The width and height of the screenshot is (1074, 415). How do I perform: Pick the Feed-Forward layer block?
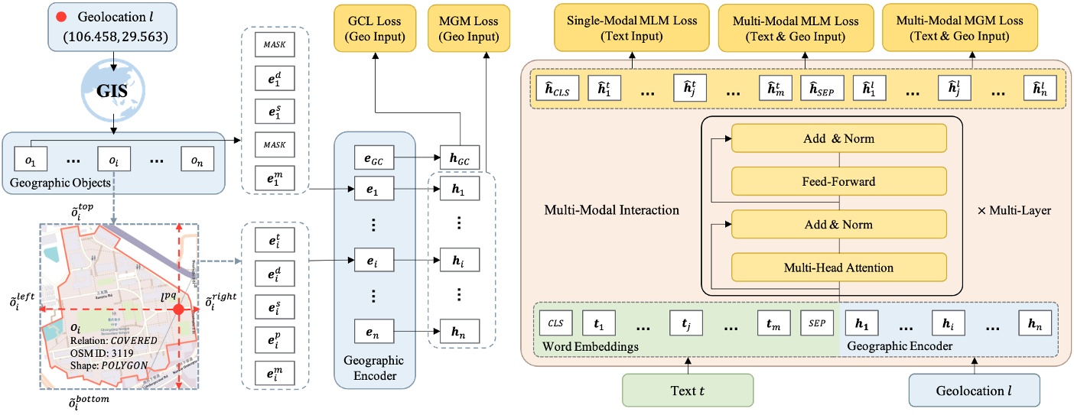pos(839,182)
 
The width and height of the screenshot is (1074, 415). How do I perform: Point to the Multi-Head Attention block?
pos(839,267)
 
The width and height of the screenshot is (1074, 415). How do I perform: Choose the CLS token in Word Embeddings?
pos(555,323)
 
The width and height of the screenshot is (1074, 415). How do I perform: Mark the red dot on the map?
pos(178,310)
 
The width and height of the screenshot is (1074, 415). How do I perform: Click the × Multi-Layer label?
pos(1015,209)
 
